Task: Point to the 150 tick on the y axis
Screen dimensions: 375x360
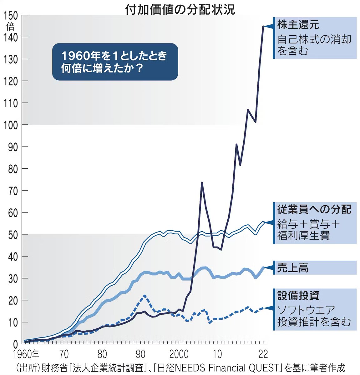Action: pos(11,16)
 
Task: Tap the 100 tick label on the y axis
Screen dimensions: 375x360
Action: pos(11,125)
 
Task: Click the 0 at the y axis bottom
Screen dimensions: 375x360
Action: pos(16,344)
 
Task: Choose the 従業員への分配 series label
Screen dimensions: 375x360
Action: pos(314,209)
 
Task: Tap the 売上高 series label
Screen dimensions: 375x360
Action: pos(293,268)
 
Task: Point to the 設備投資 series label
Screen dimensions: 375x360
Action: pos(298,295)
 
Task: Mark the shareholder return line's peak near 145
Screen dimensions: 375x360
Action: pos(263,26)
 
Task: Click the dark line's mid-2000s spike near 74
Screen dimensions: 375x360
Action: pos(202,182)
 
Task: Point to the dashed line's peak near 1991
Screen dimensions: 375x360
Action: pos(144,295)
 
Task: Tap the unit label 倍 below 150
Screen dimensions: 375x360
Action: pos(10,26)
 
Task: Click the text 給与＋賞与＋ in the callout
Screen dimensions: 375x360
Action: pos(308,224)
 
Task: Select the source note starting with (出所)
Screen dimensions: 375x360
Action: pos(180,367)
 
